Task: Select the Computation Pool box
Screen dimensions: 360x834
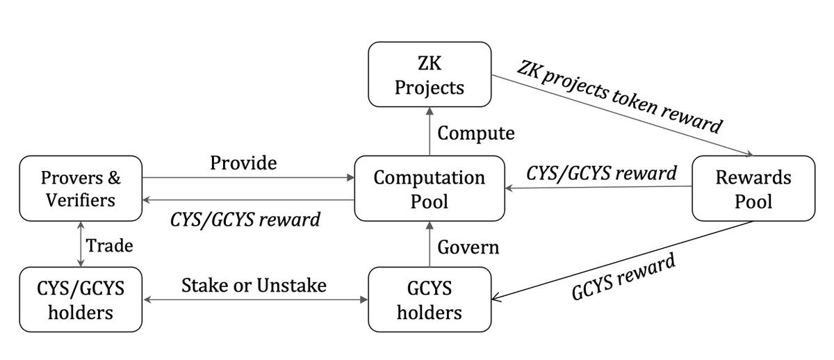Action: pyautogui.click(x=429, y=188)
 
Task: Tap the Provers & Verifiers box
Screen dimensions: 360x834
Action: pyautogui.click(x=81, y=188)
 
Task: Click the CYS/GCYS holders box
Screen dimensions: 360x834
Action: pyautogui.click(x=81, y=300)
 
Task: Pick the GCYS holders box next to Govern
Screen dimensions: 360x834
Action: pyautogui.click(x=429, y=300)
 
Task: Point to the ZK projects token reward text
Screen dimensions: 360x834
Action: pyautogui.click(x=618, y=97)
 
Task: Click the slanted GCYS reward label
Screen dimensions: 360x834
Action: pyautogui.click(x=623, y=277)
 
